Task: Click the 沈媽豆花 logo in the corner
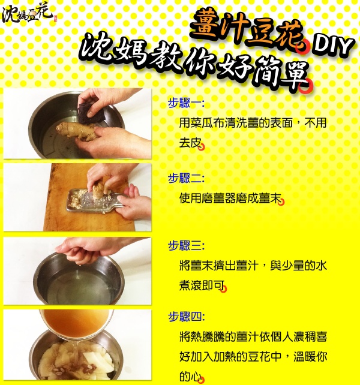point(29,14)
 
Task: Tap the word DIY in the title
point(332,46)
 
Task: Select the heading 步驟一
point(186,103)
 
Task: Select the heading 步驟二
point(186,178)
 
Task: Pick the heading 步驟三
point(186,245)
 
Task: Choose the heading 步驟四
point(186,317)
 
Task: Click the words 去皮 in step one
point(190,143)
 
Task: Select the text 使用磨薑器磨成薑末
point(230,198)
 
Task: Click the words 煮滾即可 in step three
point(202,285)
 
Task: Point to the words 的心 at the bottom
point(190,375)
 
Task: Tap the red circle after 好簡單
point(305,86)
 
